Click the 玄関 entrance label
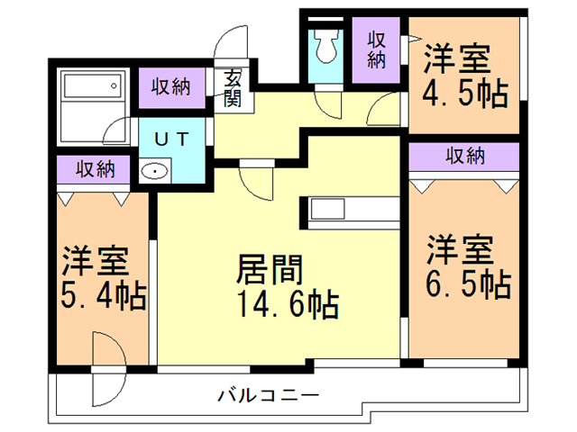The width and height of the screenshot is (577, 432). coord(233,88)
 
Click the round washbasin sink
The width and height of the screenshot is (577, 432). coord(156,171)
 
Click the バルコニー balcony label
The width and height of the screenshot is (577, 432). coord(267,395)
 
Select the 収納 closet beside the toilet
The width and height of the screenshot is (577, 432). coord(377,50)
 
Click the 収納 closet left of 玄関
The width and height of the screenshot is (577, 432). coord(170,87)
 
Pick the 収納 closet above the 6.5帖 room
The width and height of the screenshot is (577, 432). coord(464,156)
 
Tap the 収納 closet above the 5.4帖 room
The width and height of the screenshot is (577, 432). coord(95,168)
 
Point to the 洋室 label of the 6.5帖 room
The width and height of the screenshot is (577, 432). coord(460,247)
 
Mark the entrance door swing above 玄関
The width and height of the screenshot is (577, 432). coord(233,45)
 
